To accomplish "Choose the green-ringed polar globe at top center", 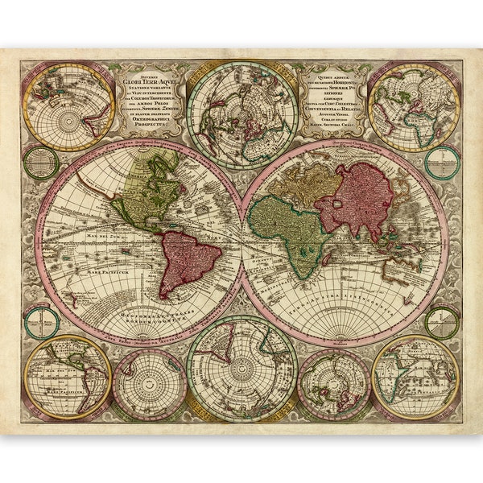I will click(x=242, y=114).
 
